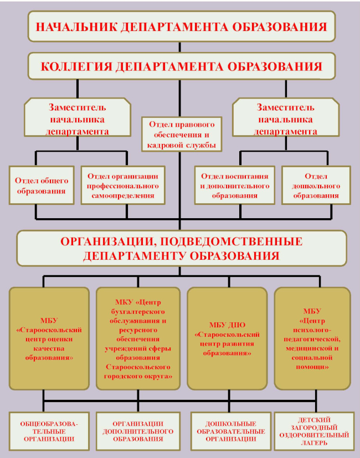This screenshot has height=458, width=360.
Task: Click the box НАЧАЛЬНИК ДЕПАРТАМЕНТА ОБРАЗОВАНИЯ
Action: point(182,27)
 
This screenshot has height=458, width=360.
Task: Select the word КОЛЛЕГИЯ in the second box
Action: point(76,66)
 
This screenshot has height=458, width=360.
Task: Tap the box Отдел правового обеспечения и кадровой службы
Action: point(182,135)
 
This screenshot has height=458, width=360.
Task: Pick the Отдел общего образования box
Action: point(41,186)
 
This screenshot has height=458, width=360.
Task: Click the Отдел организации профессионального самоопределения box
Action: point(123,186)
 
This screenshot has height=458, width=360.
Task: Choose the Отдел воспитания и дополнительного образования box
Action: point(235,186)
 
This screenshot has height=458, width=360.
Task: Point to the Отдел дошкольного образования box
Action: point(316,186)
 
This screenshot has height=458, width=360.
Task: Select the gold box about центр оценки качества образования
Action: point(49,338)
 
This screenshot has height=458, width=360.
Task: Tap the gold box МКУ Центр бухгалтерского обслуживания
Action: point(138,338)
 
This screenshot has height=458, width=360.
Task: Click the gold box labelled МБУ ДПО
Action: point(227,338)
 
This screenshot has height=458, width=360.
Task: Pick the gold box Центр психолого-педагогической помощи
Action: point(312,338)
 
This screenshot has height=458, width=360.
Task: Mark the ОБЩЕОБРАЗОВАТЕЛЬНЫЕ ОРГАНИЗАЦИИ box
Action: point(49,431)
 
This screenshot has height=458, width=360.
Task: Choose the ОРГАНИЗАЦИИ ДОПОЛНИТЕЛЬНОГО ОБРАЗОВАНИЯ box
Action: point(138,431)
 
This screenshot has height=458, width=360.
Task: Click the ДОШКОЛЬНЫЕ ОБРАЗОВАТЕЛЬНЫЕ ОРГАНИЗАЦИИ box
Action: point(231,431)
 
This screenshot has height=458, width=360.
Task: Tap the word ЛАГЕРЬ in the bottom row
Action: point(314,443)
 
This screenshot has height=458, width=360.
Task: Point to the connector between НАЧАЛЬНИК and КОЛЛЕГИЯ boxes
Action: point(179,47)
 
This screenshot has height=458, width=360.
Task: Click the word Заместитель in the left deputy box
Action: point(77,107)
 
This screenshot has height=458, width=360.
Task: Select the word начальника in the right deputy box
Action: point(285,120)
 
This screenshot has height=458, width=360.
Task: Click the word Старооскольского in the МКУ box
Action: point(138,367)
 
